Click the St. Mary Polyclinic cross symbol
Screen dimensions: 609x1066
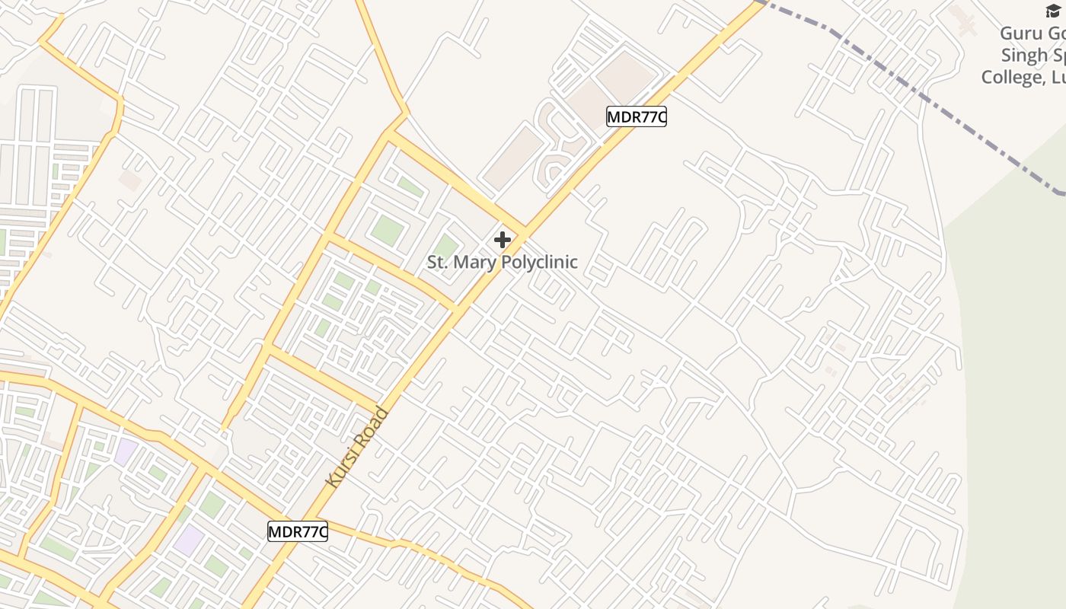click(x=502, y=240)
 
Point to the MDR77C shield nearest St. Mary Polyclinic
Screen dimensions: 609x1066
click(x=636, y=116)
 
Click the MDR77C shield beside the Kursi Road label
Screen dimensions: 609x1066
click(x=297, y=531)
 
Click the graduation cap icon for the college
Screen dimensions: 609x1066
click(x=1052, y=11)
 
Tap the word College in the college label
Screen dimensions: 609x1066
click(x=1011, y=78)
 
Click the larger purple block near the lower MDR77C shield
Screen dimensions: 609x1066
click(x=188, y=540)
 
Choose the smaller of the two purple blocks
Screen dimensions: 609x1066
click(x=126, y=451)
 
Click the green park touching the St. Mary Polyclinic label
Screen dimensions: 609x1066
click(x=445, y=247)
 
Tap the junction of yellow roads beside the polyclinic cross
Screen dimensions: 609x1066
click(x=524, y=231)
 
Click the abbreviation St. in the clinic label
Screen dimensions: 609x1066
click(x=436, y=263)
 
